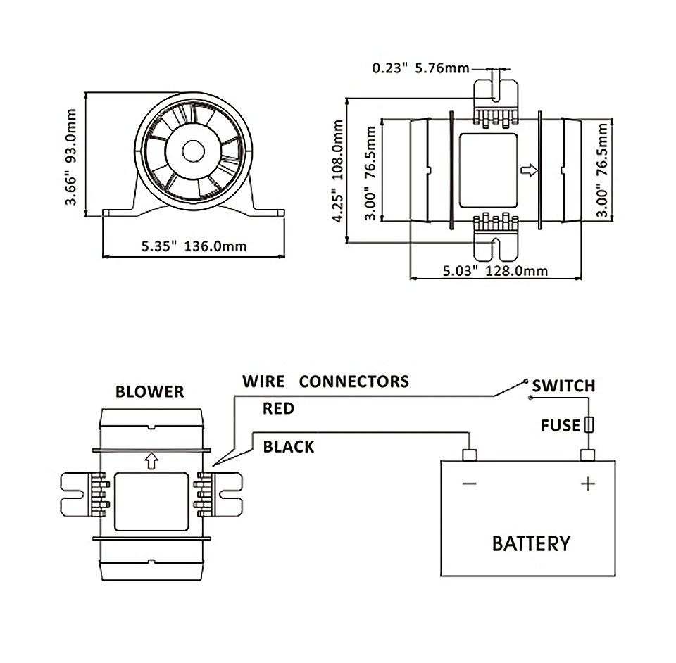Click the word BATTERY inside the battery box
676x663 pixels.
click(530, 543)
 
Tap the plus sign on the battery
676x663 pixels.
click(587, 484)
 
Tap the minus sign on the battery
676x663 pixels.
click(469, 484)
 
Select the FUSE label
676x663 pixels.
click(561, 425)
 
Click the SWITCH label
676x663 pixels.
click(563, 386)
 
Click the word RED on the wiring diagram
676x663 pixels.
click(278, 408)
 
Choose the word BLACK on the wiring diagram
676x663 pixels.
click(289, 447)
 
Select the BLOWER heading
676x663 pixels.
click(150, 391)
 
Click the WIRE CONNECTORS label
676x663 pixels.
click(325, 381)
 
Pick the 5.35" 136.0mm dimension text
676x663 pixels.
click(194, 246)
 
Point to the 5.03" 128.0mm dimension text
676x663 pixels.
click(496, 270)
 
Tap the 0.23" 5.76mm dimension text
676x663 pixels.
click(420, 68)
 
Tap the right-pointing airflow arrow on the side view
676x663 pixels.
click(530, 170)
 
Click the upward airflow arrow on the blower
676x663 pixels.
click(150, 460)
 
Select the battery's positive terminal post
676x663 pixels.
click(588, 455)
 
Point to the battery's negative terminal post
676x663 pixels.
click(470, 455)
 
